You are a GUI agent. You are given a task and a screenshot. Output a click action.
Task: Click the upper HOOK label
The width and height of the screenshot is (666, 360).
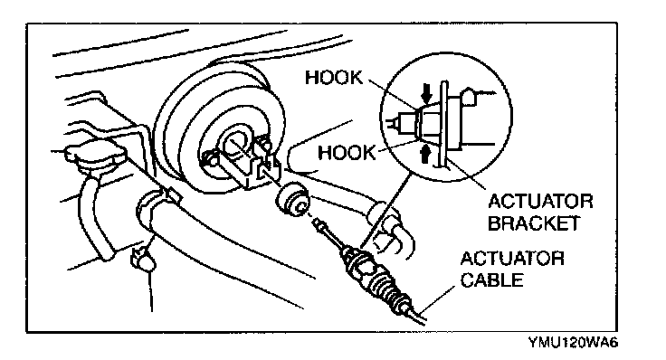point(334,78)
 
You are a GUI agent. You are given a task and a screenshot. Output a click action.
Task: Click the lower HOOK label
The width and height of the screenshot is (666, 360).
point(347,152)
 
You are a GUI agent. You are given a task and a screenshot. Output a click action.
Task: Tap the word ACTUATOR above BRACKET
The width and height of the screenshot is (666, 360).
point(540,201)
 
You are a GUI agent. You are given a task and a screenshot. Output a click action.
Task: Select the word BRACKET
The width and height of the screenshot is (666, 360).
point(534,223)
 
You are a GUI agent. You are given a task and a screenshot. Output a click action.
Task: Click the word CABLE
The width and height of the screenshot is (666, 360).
point(492,280)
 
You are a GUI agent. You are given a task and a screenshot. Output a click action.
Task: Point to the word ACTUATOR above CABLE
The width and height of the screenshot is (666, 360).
point(513,259)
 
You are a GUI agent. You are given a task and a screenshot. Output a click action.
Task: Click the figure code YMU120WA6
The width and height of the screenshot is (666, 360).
point(573,342)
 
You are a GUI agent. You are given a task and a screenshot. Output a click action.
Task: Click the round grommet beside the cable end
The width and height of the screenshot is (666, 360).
point(292,200)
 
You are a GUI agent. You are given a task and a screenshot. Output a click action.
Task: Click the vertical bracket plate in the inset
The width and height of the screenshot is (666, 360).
point(443,124)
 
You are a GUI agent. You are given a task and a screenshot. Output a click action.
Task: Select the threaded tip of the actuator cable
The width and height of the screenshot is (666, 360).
point(320,225)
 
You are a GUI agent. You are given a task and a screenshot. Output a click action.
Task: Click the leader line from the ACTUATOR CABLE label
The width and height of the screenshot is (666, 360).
point(441,301)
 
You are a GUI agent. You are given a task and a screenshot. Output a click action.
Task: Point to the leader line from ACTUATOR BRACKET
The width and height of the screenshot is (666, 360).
point(466,173)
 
